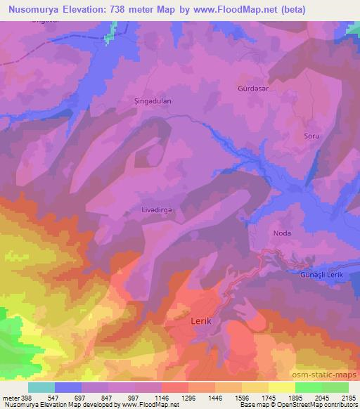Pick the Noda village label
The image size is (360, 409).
(282, 232)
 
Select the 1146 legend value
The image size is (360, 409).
(162, 398)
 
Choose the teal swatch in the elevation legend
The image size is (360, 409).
(41, 387)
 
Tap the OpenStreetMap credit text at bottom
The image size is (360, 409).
(281, 405)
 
